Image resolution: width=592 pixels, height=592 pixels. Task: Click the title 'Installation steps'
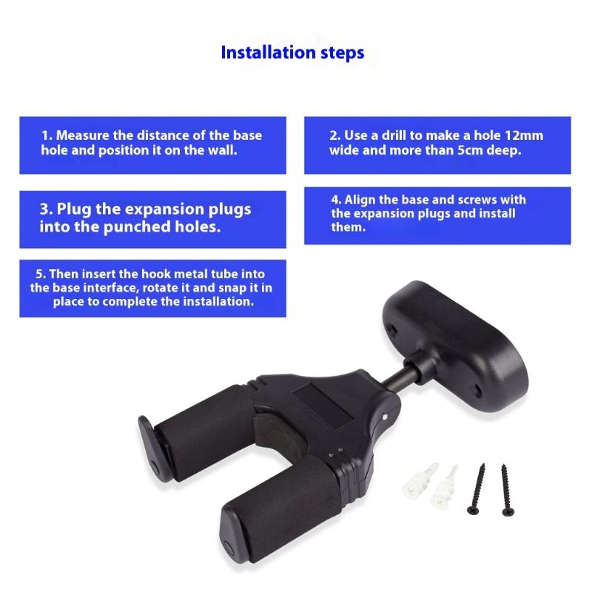click(292, 53)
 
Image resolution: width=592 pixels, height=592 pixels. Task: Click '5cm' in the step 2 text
click(463, 150)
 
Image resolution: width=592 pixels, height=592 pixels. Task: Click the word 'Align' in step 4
click(360, 200)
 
